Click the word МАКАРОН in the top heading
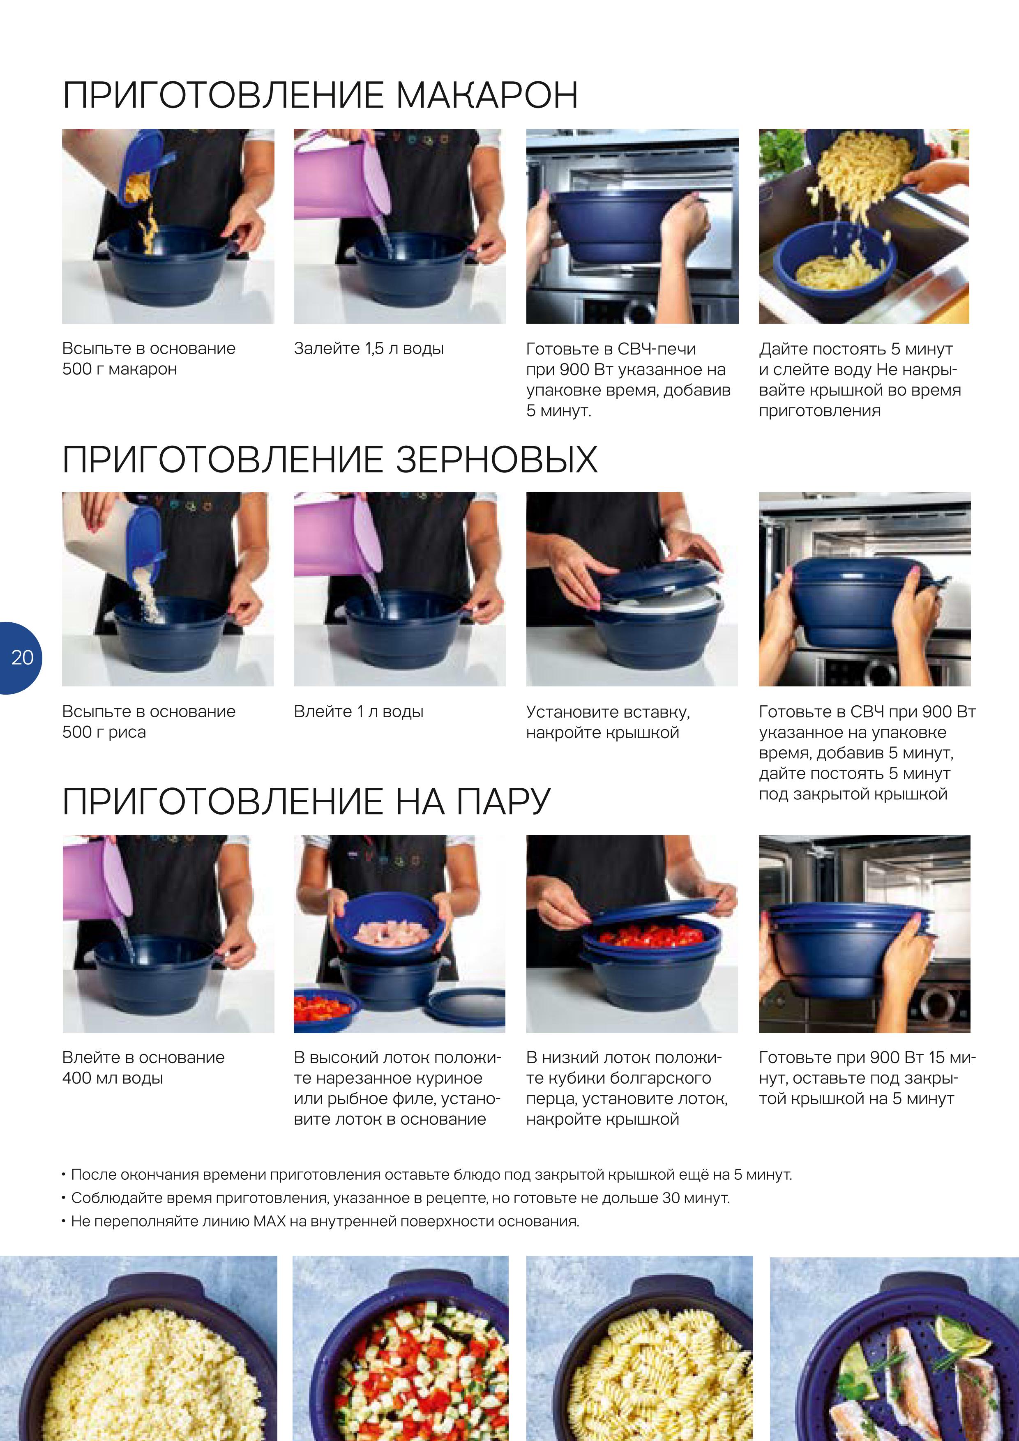[x=486, y=95]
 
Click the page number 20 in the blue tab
[x=22, y=657]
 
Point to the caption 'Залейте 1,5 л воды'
[x=369, y=348]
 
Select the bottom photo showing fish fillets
[x=894, y=1348]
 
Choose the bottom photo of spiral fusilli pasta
[x=639, y=1348]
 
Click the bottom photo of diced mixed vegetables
[x=401, y=1348]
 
